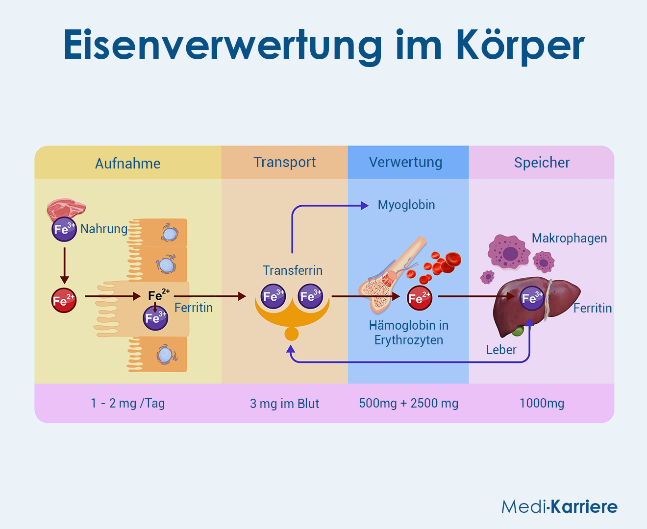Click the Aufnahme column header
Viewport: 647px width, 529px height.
click(x=127, y=164)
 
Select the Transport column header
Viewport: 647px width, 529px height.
click(x=284, y=163)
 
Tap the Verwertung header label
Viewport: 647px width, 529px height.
click(x=405, y=163)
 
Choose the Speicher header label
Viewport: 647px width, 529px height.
click(x=542, y=163)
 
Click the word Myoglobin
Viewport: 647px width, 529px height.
click(x=406, y=205)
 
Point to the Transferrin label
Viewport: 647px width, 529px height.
click(x=293, y=270)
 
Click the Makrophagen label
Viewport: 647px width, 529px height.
click(x=569, y=239)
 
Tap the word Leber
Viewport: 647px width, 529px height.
click(x=501, y=350)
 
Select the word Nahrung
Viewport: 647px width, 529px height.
click(x=104, y=229)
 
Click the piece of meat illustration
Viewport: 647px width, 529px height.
click(x=66, y=209)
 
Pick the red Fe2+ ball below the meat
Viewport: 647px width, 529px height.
click(x=64, y=300)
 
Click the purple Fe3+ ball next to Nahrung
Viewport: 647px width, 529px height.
click(x=64, y=229)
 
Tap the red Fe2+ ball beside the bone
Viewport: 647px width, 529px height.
click(x=419, y=297)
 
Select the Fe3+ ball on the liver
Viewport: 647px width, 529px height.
click(x=532, y=298)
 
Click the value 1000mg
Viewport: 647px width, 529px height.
click(x=542, y=404)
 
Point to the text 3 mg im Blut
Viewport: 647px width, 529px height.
click(x=284, y=404)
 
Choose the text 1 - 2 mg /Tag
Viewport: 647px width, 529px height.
click(x=127, y=404)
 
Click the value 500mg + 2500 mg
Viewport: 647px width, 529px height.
click(x=408, y=404)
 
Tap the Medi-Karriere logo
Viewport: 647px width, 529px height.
click(x=559, y=506)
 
